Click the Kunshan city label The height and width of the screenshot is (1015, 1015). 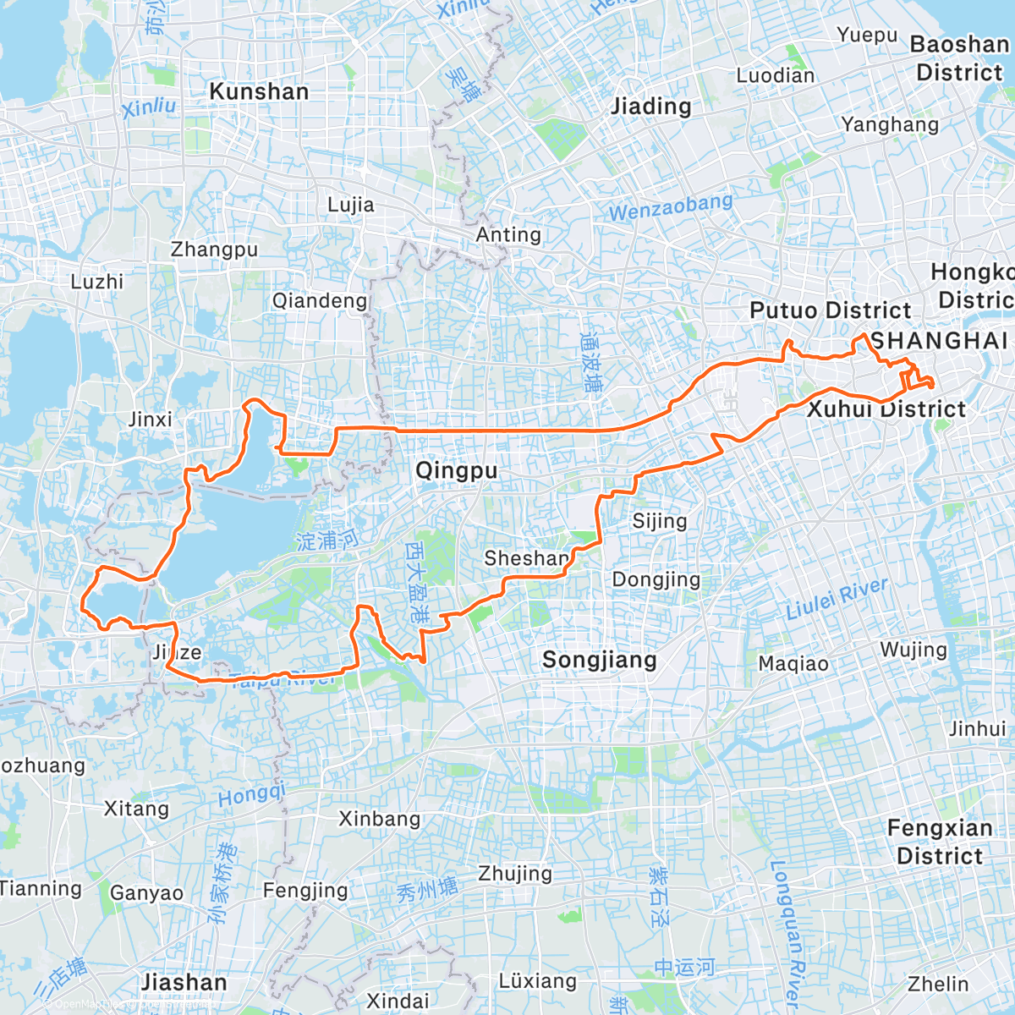coord(259,91)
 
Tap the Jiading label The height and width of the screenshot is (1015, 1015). coord(650,107)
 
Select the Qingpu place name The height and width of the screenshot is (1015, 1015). coord(456,470)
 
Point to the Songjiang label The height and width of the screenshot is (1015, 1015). coord(599,660)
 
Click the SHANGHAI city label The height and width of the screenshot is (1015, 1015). coord(939,340)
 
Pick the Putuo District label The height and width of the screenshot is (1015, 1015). coord(830,310)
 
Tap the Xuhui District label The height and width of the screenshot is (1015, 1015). coord(886,409)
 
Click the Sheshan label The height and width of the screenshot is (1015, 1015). coord(526,558)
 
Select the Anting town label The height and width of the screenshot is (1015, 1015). coord(508,234)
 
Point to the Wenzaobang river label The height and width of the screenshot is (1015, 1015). coord(671,207)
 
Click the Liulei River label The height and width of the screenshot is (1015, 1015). coord(837,598)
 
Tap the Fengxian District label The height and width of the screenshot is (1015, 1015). coord(939,842)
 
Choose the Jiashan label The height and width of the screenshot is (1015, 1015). coord(184,982)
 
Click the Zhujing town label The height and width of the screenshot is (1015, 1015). coord(514,873)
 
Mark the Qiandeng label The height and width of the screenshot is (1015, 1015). coord(320,300)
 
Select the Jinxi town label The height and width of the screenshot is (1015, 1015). coord(150,419)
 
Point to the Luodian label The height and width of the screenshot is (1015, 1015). coord(775,75)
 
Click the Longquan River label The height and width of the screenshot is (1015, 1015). coord(788,930)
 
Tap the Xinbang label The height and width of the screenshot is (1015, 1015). coord(379,818)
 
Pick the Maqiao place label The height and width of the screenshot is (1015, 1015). coord(793,663)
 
